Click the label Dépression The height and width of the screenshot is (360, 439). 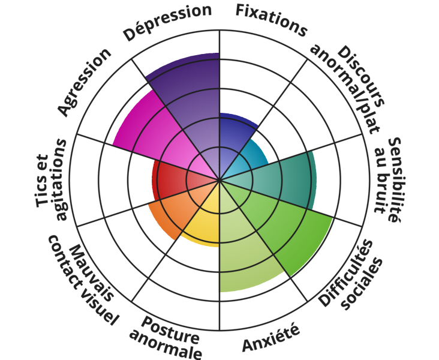[167, 22]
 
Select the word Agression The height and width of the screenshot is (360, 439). [85, 82]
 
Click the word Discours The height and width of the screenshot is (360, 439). [361, 77]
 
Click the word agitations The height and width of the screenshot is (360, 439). [61, 179]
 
